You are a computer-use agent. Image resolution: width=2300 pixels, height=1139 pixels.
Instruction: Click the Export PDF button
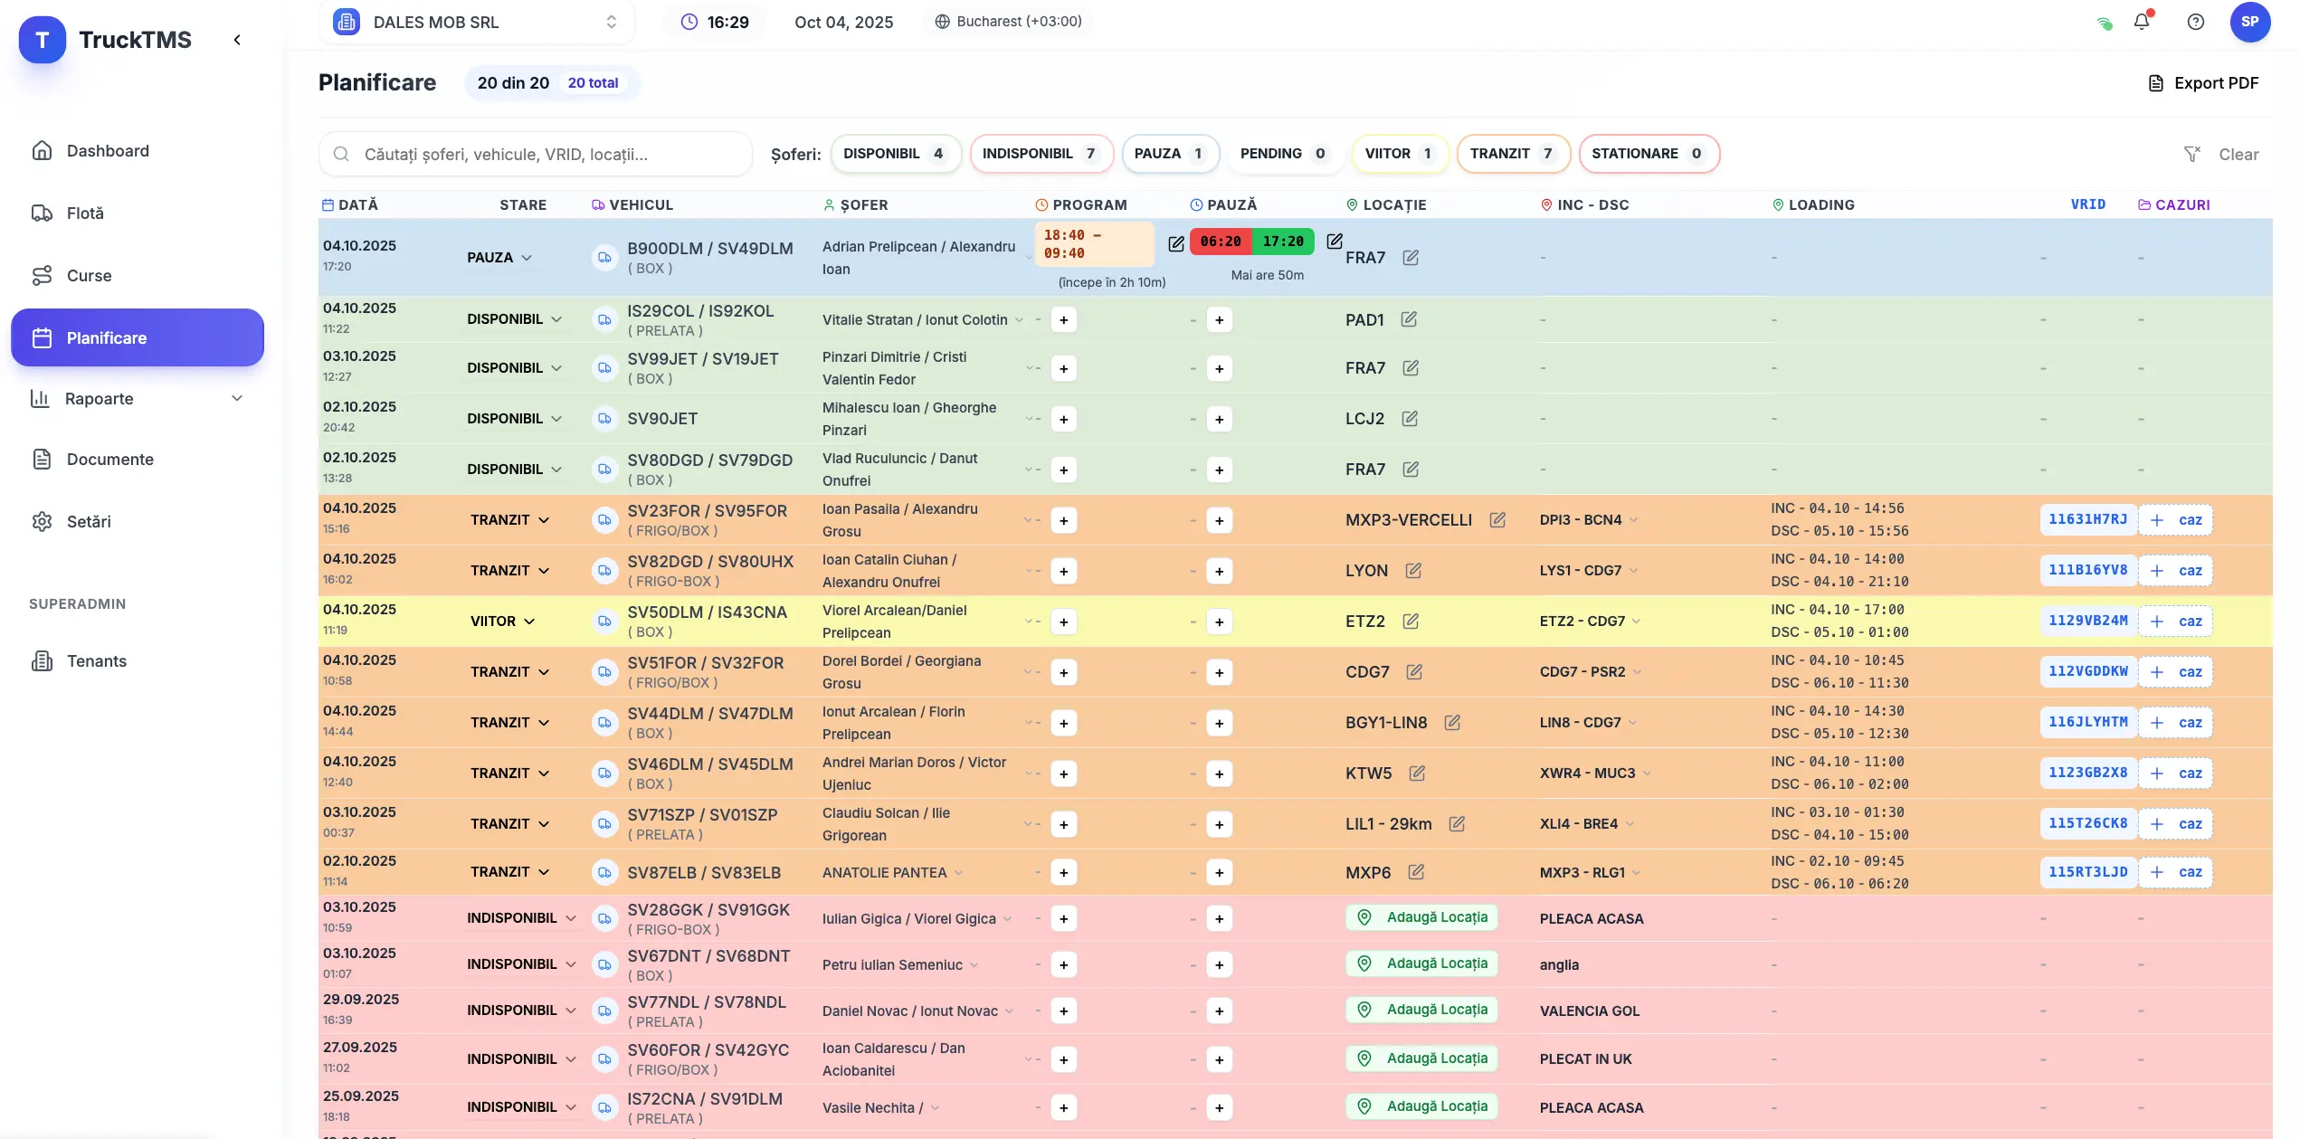point(2203,83)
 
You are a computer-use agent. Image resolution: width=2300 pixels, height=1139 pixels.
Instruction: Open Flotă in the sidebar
point(85,214)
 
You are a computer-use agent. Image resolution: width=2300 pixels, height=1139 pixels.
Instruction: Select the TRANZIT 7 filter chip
point(1510,154)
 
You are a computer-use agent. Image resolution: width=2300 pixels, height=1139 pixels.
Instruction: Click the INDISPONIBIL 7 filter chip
point(1040,154)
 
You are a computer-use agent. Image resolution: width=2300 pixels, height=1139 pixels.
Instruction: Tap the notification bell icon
point(2141,22)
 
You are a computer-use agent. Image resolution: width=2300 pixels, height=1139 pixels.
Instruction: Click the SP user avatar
point(2249,22)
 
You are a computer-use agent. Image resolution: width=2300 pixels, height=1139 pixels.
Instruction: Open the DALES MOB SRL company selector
point(476,22)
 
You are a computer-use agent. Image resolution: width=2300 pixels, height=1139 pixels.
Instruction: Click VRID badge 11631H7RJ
point(2087,519)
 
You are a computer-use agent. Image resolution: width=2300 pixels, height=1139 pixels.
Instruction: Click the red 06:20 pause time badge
point(1221,242)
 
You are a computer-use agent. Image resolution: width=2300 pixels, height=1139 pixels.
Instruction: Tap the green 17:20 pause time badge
point(1283,242)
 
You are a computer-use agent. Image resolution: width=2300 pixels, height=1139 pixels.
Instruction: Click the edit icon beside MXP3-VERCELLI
point(1497,520)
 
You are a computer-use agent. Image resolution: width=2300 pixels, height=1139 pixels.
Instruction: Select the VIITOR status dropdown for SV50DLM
point(502,622)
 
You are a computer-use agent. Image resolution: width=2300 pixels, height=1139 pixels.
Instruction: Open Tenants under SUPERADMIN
point(96,661)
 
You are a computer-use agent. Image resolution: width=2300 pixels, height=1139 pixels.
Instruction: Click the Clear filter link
point(2238,155)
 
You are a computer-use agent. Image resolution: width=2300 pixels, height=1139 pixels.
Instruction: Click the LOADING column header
point(1820,205)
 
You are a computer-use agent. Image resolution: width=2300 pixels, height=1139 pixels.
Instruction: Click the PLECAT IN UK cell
point(1585,1059)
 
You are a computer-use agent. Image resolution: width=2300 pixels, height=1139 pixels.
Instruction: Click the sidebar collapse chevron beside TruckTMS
point(237,40)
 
